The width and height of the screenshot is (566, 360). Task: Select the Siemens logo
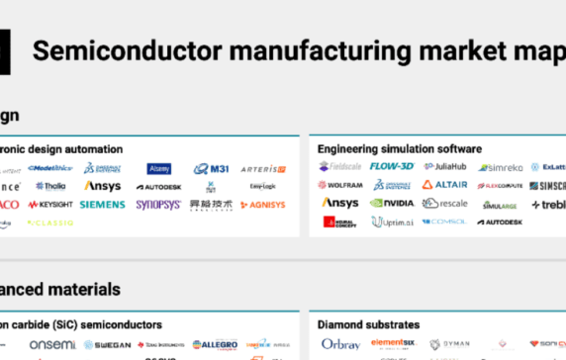pyautogui.click(x=103, y=204)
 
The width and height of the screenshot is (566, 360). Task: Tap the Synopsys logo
pyautogui.click(x=158, y=204)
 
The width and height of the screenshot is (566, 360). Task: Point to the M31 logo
pyautogui.click(x=211, y=169)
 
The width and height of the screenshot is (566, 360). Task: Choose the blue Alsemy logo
pyautogui.click(x=158, y=168)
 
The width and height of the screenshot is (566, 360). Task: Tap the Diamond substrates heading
pyautogui.click(x=368, y=324)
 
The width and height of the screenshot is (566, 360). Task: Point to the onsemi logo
pyautogui.click(x=51, y=344)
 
